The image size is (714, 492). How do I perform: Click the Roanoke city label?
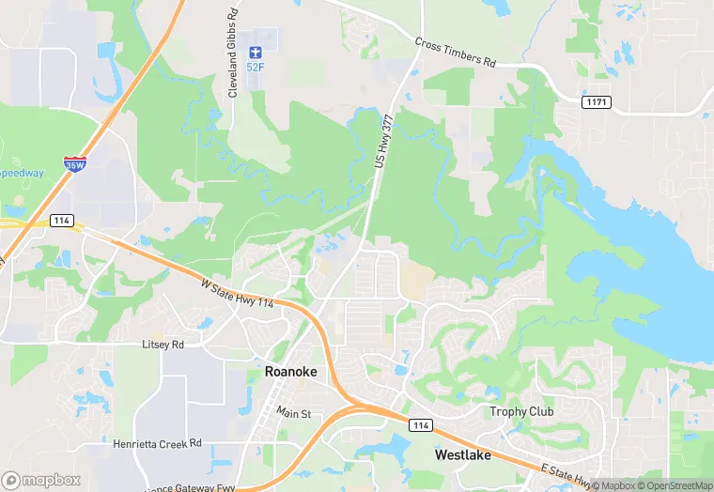click(x=291, y=372)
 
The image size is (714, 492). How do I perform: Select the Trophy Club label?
click(x=521, y=412)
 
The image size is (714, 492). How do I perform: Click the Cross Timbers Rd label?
click(x=455, y=52)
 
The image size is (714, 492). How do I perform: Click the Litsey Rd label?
click(x=163, y=345)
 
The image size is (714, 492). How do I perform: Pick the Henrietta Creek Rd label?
click(x=157, y=443)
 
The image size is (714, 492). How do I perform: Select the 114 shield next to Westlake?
click(x=421, y=425)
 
